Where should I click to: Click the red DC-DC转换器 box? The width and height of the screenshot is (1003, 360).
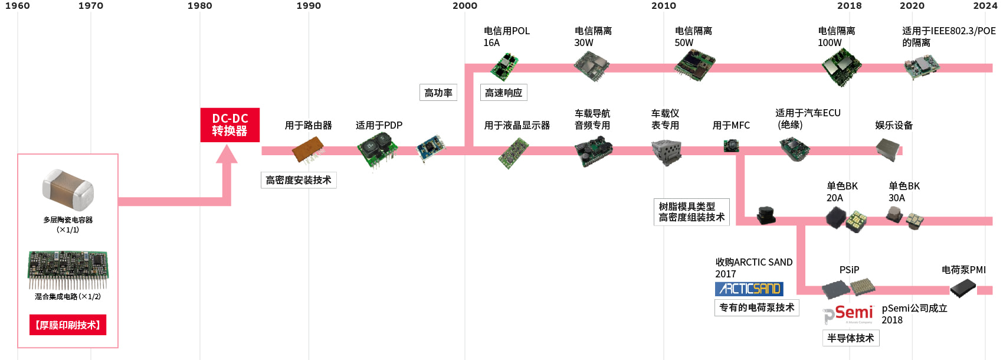[x=230, y=125]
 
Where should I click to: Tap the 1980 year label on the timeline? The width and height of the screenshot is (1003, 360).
[x=199, y=6]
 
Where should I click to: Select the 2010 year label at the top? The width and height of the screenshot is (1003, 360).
[x=664, y=6]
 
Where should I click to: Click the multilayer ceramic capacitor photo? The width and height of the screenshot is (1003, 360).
[x=68, y=190]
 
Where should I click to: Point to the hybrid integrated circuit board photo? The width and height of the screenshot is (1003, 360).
[x=68, y=269]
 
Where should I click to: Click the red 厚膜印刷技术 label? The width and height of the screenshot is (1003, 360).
[x=68, y=325]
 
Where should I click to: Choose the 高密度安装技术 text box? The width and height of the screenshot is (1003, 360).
[x=299, y=180]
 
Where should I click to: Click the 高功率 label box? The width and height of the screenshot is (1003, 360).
[x=438, y=93]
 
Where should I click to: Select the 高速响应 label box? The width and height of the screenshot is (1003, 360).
[x=503, y=93]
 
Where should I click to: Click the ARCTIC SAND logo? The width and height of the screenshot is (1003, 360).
[x=749, y=289]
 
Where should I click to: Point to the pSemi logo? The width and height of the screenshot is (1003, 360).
[x=848, y=314]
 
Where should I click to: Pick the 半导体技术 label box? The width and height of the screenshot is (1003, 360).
[x=851, y=338]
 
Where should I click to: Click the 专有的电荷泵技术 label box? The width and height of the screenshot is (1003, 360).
[x=757, y=307]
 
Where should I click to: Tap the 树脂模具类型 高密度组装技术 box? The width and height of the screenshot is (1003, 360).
[x=691, y=212]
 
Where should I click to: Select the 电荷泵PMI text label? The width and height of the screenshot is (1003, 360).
[x=963, y=270]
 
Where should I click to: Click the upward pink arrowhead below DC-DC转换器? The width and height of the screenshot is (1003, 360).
[x=227, y=155]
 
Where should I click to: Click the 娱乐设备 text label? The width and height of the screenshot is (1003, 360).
[x=894, y=125]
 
